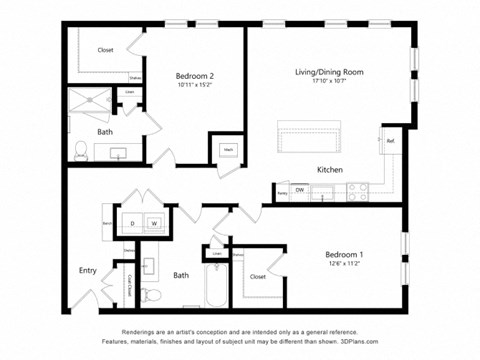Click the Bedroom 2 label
pos(196,76)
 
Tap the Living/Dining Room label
pos(328,71)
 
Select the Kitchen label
pos(330,170)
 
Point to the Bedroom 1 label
pos(345,255)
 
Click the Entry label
pos(88,270)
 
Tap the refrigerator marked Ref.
pos(390,142)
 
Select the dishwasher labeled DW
pos(300,190)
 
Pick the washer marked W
pos(154,223)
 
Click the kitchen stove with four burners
pos(357,190)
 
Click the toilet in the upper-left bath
pos(81,151)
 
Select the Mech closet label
pos(227,150)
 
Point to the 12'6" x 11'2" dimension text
pos(345,266)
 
